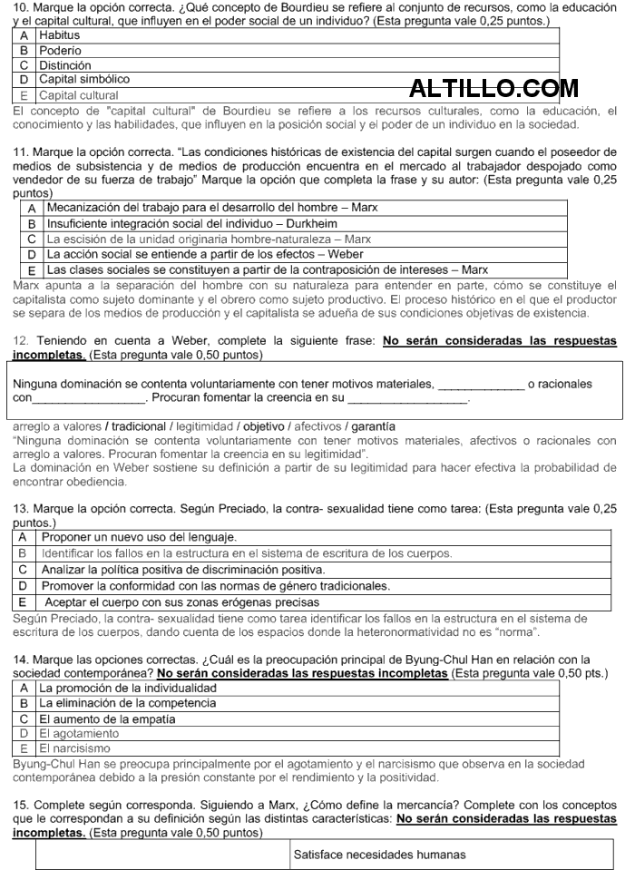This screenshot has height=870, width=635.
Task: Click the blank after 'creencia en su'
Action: click(x=407, y=398)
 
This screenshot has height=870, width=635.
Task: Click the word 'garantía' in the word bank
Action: click(x=373, y=425)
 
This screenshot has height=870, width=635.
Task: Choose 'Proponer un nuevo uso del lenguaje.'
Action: click(x=139, y=537)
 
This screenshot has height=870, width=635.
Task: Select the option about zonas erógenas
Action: click(x=181, y=601)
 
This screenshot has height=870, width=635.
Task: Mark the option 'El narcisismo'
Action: click(x=74, y=748)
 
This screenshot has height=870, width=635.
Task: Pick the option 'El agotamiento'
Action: click(x=79, y=733)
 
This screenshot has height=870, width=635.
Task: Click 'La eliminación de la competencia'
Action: click(x=126, y=703)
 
